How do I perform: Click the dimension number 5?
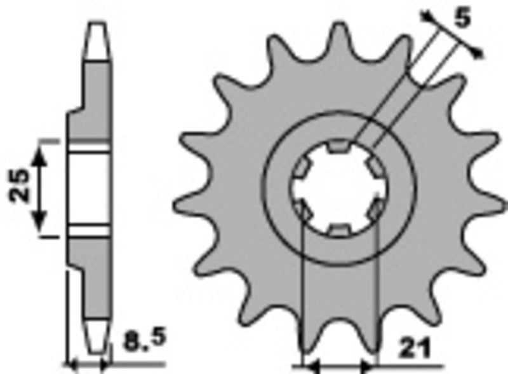462,20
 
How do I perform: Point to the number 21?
415,349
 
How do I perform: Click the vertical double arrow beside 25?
40,187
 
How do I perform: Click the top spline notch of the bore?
338,148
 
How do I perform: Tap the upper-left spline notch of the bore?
300,169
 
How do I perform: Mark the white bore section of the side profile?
90,188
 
